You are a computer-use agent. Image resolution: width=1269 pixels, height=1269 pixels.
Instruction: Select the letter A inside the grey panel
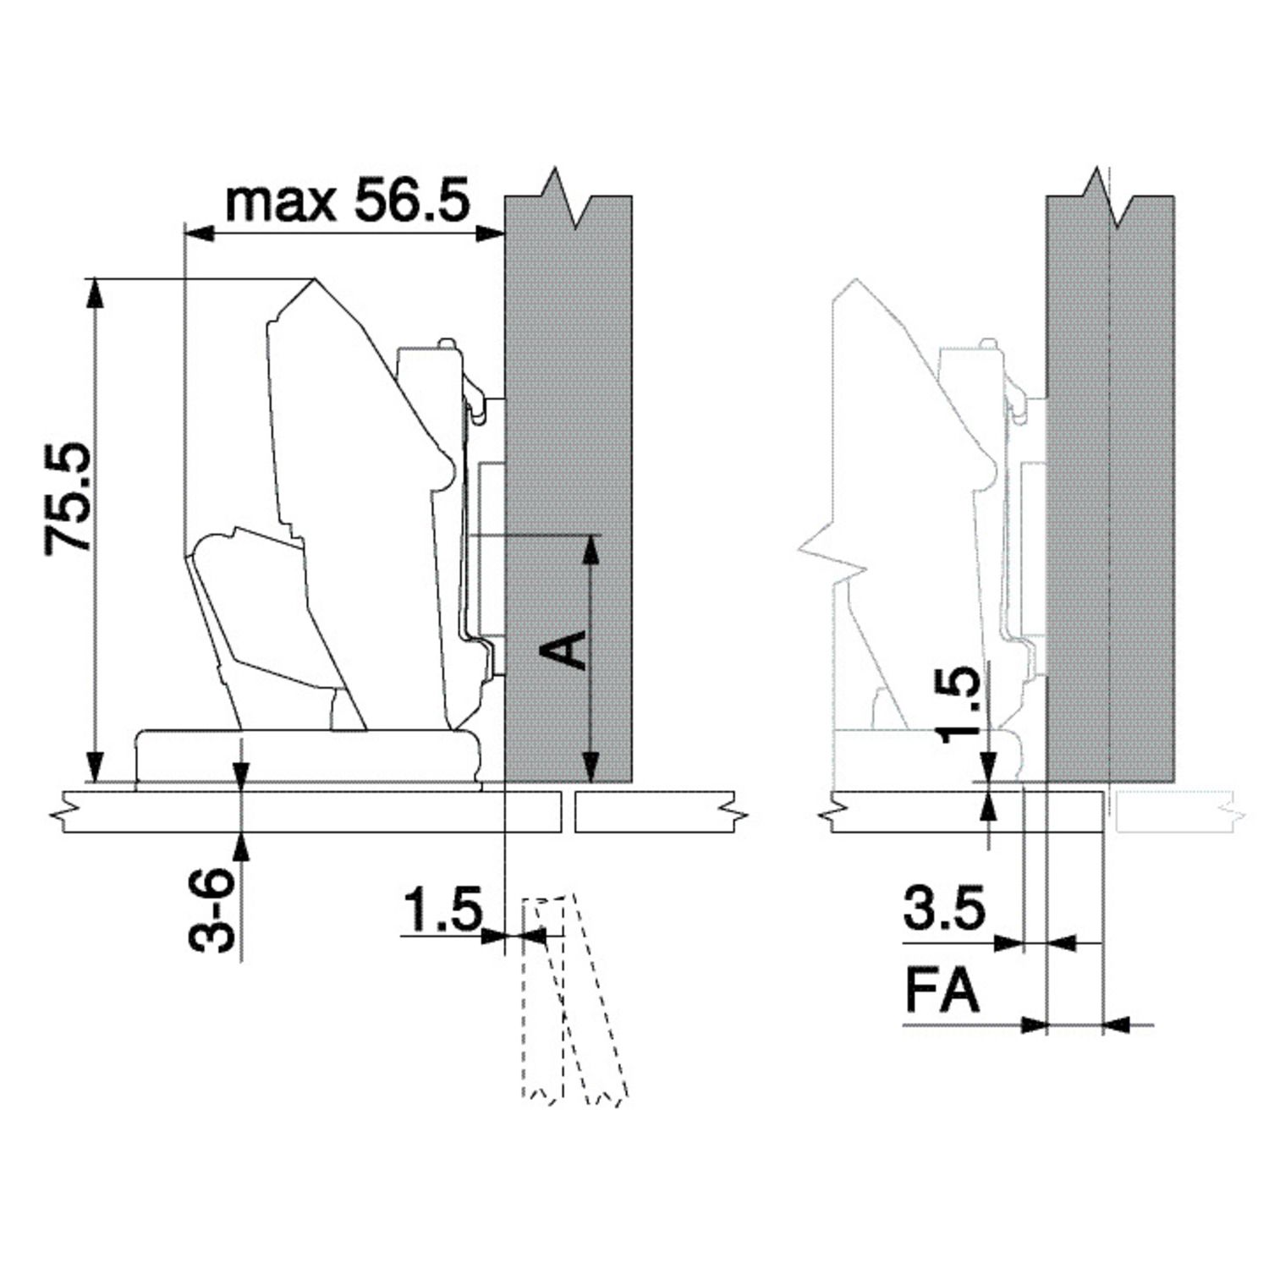(563, 649)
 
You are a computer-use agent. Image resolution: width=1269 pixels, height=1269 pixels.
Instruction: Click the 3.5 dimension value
(944, 908)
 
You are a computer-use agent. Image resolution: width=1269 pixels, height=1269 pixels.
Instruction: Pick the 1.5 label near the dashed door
(442, 909)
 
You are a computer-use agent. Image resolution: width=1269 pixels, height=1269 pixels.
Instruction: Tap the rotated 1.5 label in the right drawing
(963, 704)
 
